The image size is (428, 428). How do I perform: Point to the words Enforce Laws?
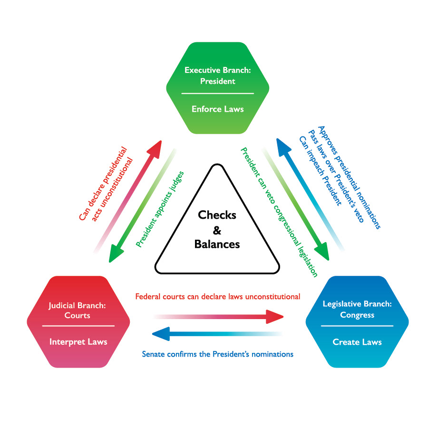click(217, 109)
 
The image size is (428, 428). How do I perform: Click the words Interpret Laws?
click(78, 341)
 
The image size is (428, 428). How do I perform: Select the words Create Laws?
click(357, 341)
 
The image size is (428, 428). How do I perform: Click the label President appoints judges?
click(159, 209)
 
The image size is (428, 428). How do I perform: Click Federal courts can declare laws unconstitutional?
click(218, 297)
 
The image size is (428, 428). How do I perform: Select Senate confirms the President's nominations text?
click(218, 354)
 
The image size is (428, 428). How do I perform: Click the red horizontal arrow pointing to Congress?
click(219, 317)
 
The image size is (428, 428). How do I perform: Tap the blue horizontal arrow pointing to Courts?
click(217, 334)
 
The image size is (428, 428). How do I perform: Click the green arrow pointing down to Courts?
click(143, 204)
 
